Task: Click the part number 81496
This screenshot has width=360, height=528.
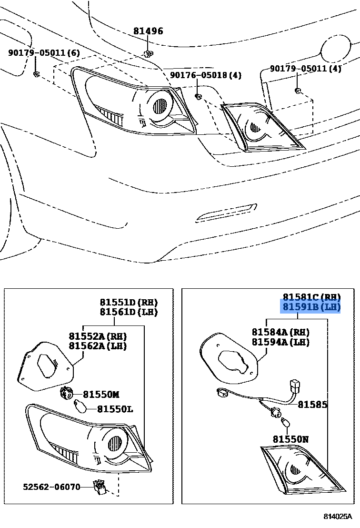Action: coord(148,31)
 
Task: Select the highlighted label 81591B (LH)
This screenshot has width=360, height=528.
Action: coord(311,307)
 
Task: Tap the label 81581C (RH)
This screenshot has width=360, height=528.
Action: coord(311,297)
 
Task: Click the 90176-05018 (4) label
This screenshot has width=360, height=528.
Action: coord(206,75)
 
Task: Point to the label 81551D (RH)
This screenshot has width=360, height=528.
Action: coord(129,302)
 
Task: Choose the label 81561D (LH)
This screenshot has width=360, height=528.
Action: coord(129,312)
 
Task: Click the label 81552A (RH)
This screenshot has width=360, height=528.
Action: coord(98,336)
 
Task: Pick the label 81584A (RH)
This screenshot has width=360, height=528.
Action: coord(280,332)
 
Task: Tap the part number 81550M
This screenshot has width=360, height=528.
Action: coord(100,395)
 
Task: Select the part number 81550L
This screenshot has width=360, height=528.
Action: coord(115,409)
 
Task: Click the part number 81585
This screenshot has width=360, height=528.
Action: coord(312,405)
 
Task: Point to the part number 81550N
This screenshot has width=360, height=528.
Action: coord(290,439)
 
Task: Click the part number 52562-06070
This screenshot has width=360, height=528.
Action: coord(51,487)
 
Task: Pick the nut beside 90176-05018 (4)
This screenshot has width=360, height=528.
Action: coord(199,97)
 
